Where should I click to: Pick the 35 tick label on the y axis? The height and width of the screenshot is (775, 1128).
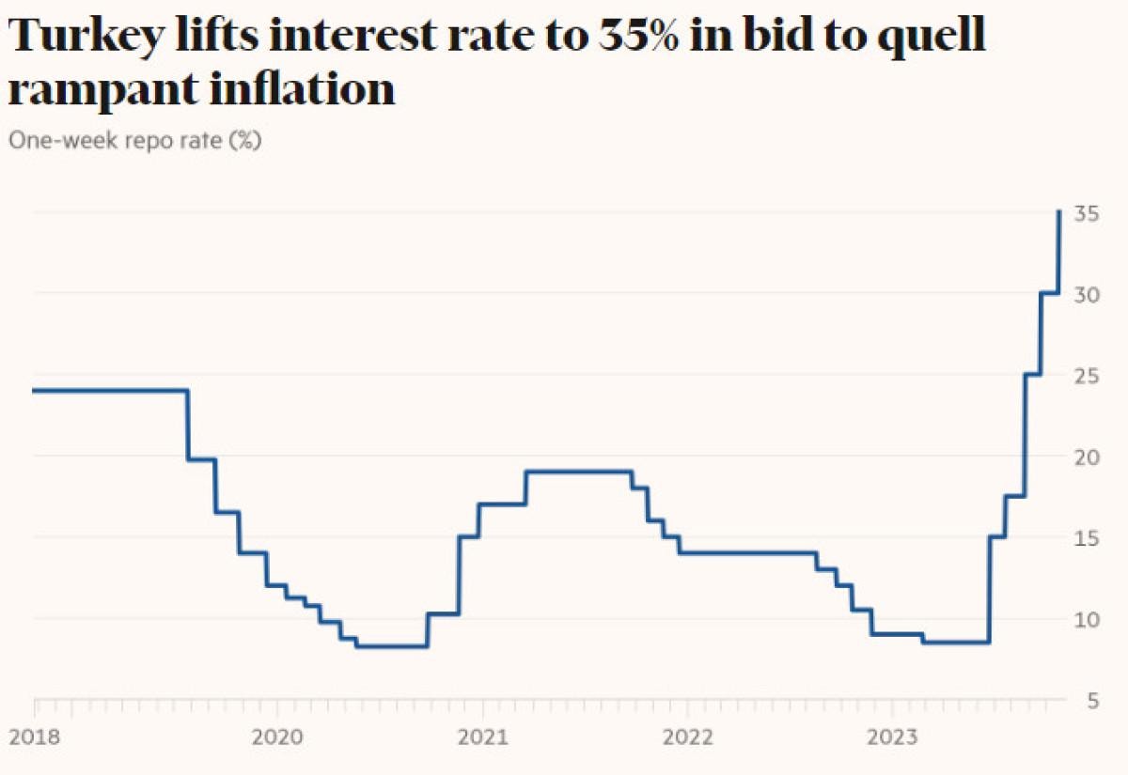click(x=1089, y=213)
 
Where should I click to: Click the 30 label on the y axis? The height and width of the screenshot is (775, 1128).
click(x=1089, y=294)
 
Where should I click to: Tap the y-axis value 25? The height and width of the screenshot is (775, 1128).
click(x=1089, y=376)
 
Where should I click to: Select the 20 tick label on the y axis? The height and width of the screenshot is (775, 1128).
click(x=1089, y=457)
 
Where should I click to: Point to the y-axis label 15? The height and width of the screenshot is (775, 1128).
click(x=1089, y=538)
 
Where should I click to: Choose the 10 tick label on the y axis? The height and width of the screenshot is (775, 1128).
click(x=1089, y=619)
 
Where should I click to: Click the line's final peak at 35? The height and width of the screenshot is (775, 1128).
click(x=1059, y=212)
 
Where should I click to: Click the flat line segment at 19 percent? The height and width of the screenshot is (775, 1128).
click(x=578, y=472)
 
